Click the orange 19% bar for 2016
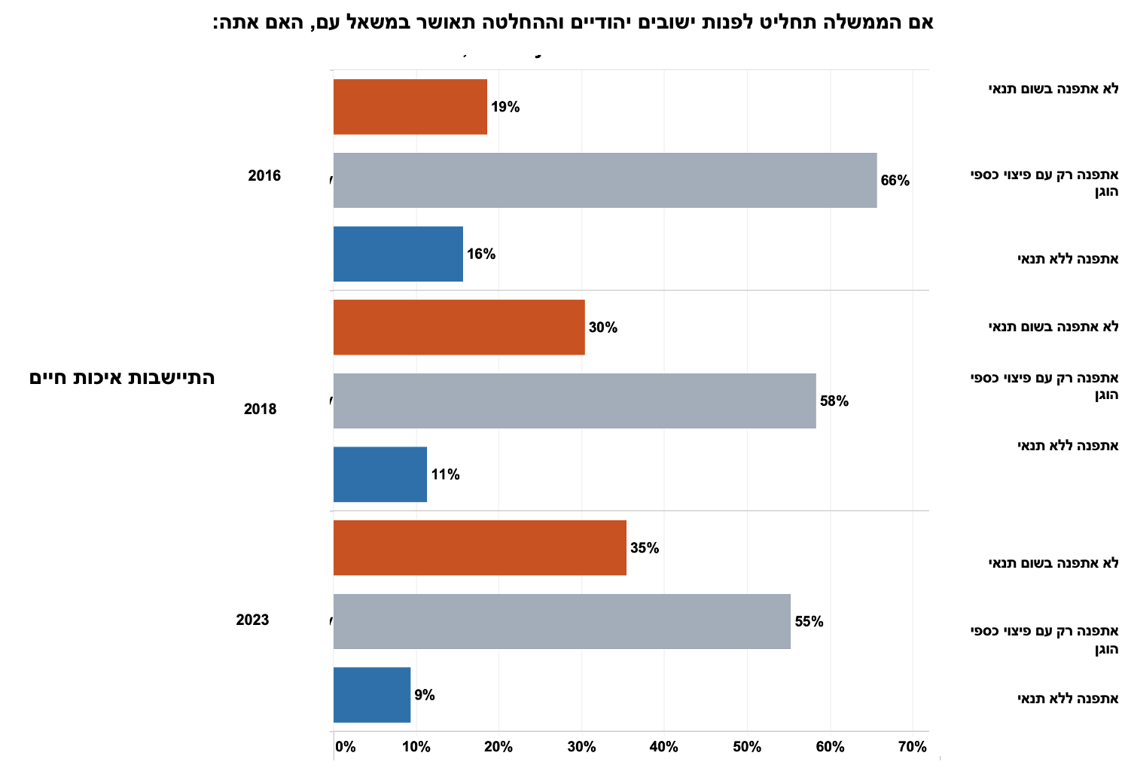[410, 107]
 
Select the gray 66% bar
[605, 180]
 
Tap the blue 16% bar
[398, 254]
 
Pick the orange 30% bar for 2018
[459, 327]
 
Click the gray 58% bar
[575, 401]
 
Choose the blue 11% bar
[380, 474]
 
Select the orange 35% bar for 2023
[480, 547]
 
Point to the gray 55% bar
[562, 621]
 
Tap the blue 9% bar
[372, 695]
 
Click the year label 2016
[264, 175]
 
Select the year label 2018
[261, 409]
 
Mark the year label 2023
[252, 620]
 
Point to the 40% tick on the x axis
[663, 747]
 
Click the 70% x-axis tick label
[912, 747]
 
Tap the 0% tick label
[346, 747]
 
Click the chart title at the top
[573, 22]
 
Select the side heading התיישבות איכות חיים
[122, 378]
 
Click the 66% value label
[895, 181]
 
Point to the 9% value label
[425, 695]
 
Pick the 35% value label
[645, 548]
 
